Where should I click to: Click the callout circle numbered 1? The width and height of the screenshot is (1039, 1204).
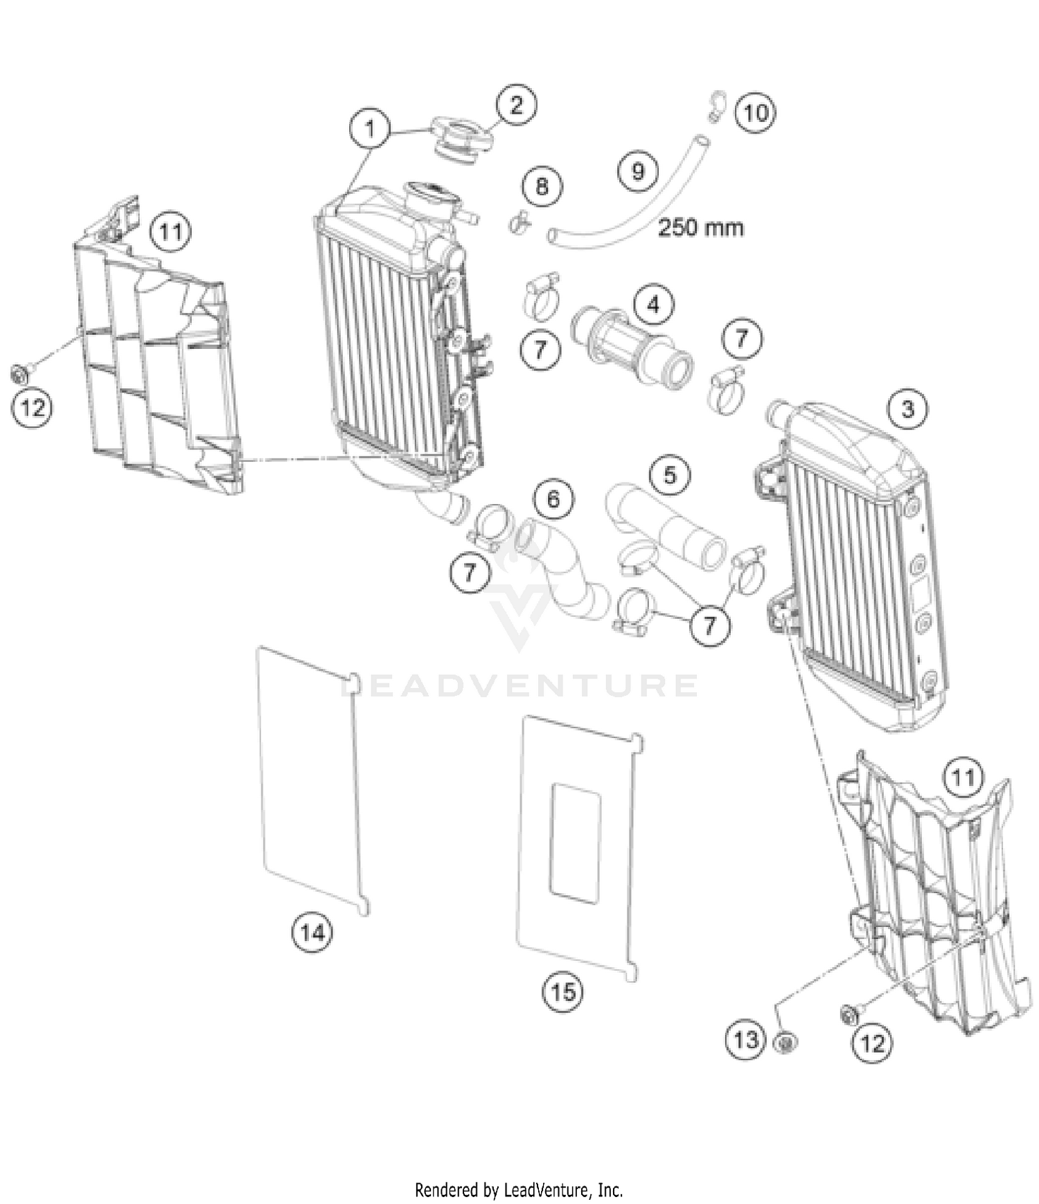click(x=369, y=129)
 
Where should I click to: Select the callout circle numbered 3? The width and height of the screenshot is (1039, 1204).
click(x=907, y=408)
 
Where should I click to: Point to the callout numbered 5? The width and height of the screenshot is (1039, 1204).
click(x=669, y=475)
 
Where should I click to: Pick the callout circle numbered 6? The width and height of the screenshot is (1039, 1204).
click(x=553, y=498)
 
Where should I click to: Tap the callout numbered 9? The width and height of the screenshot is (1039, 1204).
click(x=638, y=170)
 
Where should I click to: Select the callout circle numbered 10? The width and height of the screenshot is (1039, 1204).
click(x=755, y=111)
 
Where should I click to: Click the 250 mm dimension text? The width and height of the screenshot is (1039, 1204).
click(x=700, y=227)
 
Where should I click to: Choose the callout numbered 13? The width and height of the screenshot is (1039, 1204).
click(x=746, y=1039)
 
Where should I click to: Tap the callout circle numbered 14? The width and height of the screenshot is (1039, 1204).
click(x=312, y=933)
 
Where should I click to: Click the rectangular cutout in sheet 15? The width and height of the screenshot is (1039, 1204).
click(x=575, y=843)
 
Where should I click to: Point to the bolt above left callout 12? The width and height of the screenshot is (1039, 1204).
click(x=21, y=374)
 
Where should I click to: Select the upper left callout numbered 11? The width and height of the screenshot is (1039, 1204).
click(x=170, y=231)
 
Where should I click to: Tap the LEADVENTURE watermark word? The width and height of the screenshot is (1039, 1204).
click(x=519, y=685)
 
